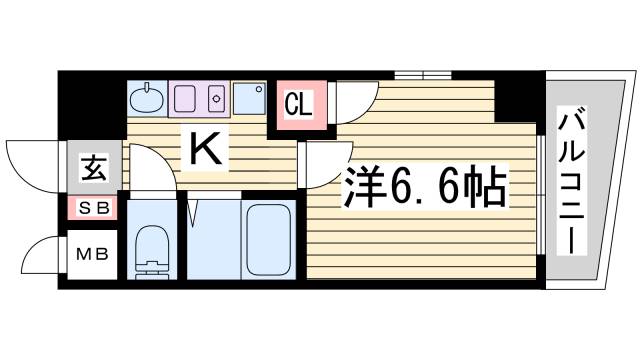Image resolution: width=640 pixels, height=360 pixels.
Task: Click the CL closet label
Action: (x=299, y=104)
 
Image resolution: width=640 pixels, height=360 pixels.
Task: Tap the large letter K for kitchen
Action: (x=205, y=149)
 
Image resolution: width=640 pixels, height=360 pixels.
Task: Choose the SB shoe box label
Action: (x=94, y=209)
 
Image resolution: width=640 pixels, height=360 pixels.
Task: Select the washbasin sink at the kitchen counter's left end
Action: (x=147, y=98)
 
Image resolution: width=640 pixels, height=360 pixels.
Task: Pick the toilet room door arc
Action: (x=149, y=170)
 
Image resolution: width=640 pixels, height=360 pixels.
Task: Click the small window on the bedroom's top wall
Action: (x=422, y=75)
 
